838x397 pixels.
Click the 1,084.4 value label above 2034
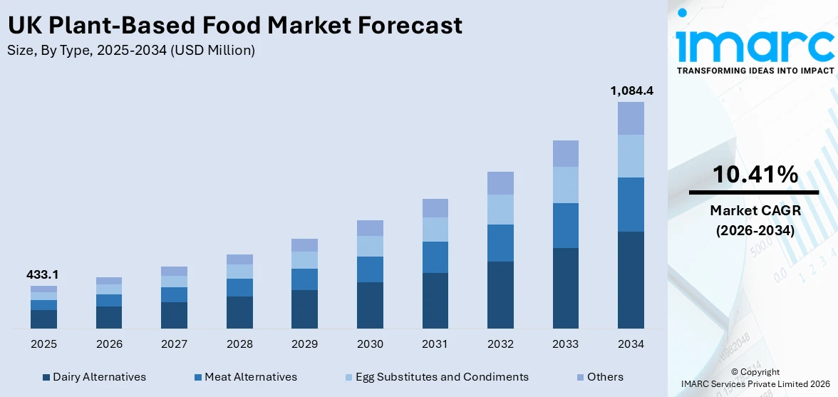pyautogui.click(x=631, y=91)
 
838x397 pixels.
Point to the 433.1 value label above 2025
pyautogui.click(x=43, y=274)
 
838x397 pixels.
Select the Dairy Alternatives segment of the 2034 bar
pyautogui.click(x=631, y=279)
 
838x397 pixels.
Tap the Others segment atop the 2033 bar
pyautogui.click(x=566, y=153)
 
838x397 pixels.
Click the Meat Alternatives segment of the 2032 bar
pyautogui.click(x=500, y=243)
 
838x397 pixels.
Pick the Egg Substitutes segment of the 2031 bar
pyautogui.click(x=435, y=230)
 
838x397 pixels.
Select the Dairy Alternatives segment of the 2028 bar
pyautogui.click(x=239, y=312)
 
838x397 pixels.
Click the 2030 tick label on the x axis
pyautogui.click(x=370, y=344)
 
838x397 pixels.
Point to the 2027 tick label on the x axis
pyautogui.click(x=174, y=344)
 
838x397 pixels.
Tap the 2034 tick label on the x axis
pyautogui.click(x=631, y=344)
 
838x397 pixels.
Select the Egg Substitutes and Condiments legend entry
pyautogui.click(x=437, y=377)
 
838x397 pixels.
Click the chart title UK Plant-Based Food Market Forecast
pyautogui.click(x=235, y=26)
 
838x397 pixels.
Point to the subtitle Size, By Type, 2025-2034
pyautogui.click(x=131, y=51)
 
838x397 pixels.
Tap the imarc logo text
pyautogui.click(x=755, y=45)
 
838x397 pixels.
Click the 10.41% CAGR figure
pyautogui.click(x=755, y=174)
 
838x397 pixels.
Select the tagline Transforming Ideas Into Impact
pyautogui.click(x=755, y=71)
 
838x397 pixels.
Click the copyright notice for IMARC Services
pyautogui.click(x=755, y=378)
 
